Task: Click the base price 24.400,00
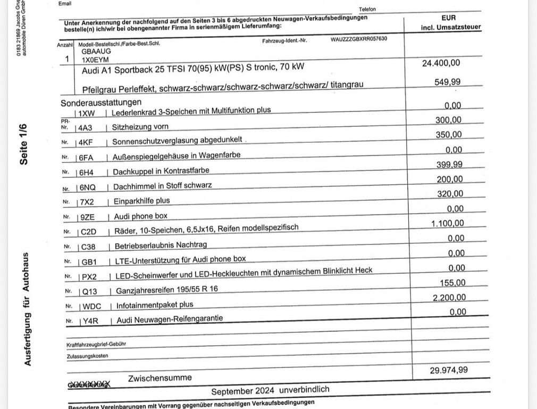click(x=441, y=63)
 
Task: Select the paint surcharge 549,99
click(x=448, y=82)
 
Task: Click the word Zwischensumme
click(x=160, y=378)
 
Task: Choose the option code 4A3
click(x=85, y=128)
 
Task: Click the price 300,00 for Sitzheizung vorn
click(x=449, y=120)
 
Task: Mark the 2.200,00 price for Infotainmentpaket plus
click(x=450, y=298)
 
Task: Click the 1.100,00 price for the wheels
click(x=447, y=223)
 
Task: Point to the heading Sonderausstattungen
click(x=101, y=102)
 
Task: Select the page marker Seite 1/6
click(x=23, y=144)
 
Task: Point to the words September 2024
click(x=242, y=391)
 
